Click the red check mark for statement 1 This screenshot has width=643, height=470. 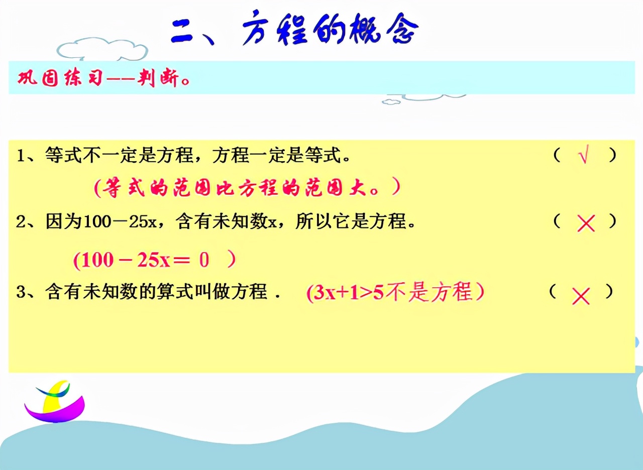(583, 157)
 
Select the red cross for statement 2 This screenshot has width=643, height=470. (586, 223)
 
